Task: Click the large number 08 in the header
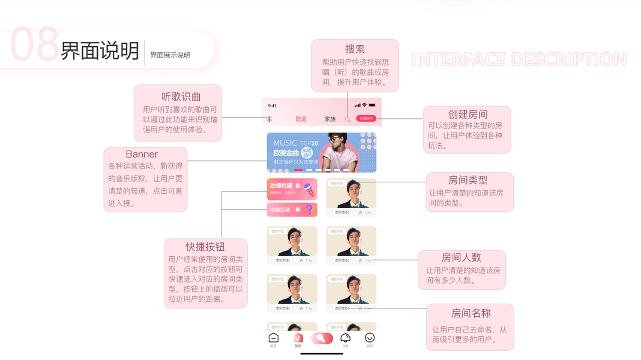[35, 45]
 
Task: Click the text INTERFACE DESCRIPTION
[519, 59]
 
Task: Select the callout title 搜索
[355, 49]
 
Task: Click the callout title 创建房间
[468, 114]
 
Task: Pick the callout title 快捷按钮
[205, 247]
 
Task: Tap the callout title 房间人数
[462, 257]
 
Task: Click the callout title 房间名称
[471, 313]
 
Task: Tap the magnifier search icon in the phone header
[348, 119]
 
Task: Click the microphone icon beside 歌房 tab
[269, 119]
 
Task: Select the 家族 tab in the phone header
[330, 119]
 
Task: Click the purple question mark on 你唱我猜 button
[310, 210]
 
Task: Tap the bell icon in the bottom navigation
[345, 338]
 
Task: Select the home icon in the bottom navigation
[273, 338]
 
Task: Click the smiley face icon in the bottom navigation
[370, 338]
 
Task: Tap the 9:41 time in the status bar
[272, 106]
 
